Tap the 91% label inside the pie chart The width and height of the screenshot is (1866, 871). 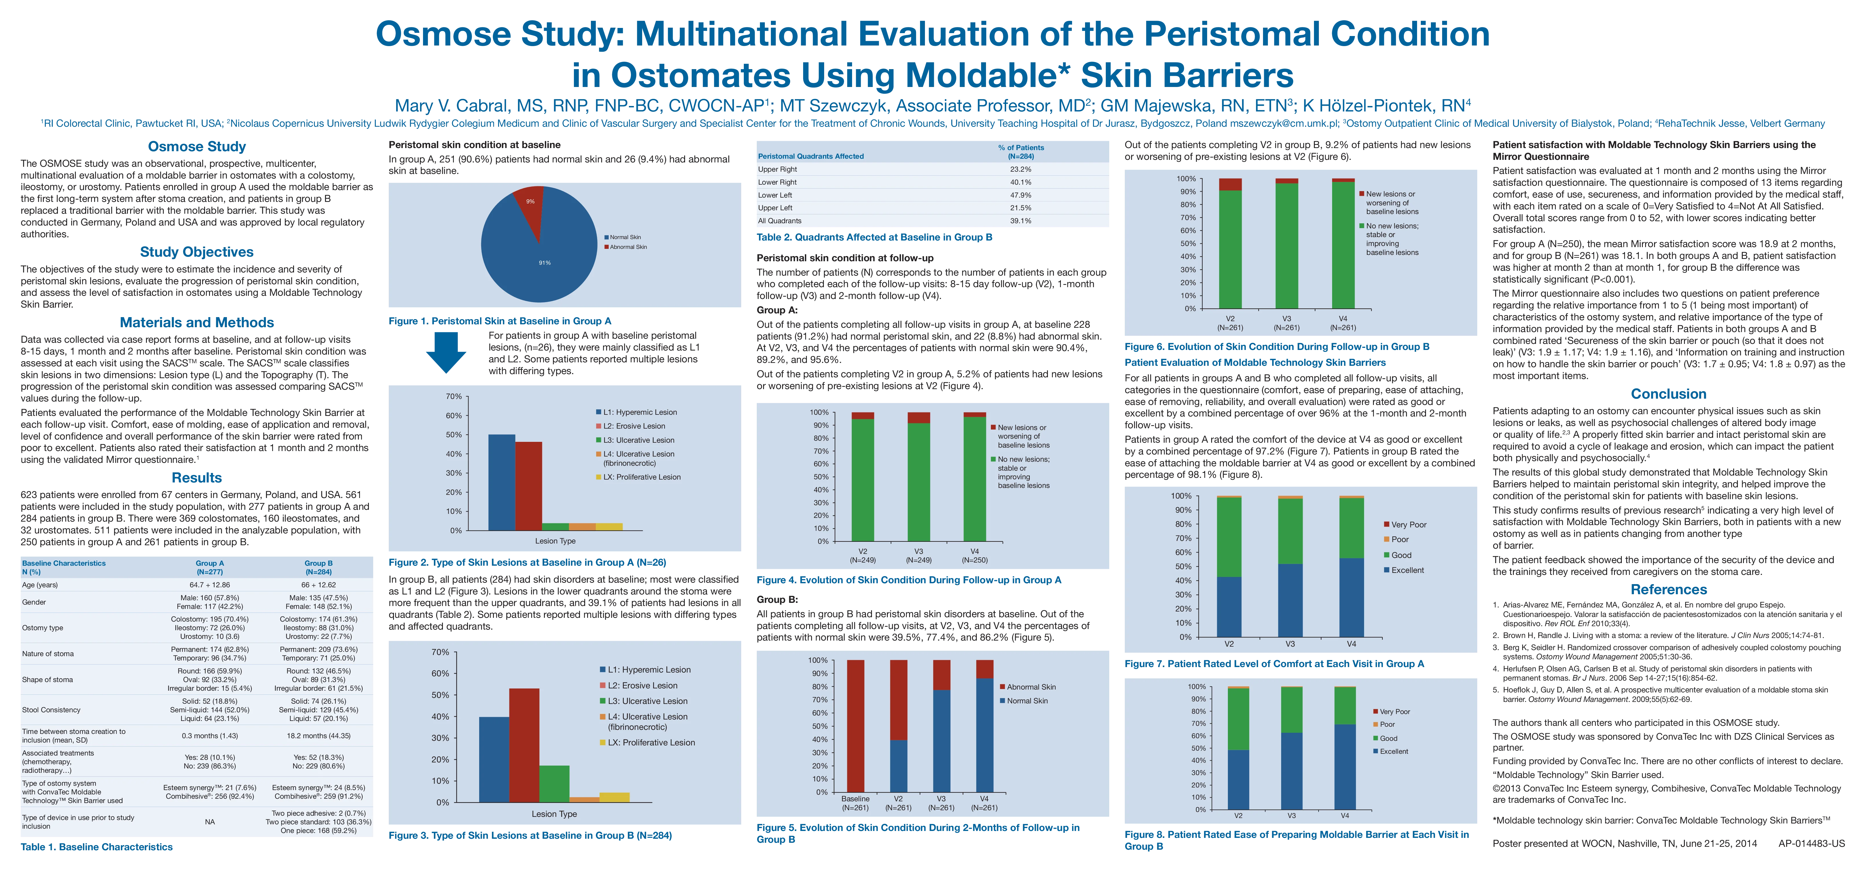coord(544,263)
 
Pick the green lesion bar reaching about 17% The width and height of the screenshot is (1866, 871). coord(554,783)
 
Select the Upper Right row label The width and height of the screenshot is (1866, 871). coord(777,169)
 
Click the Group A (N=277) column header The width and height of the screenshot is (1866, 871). coord(209,567)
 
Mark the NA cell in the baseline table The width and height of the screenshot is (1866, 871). coord(209,822)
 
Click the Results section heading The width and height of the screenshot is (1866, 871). coord(196,478)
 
